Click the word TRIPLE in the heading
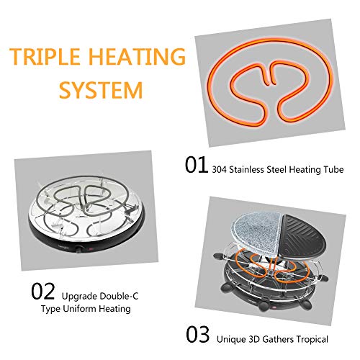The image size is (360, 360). coord(45,57)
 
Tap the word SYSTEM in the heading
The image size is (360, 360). coord(101,91)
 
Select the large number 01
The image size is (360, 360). coord(197,165)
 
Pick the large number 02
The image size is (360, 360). coord(43,291)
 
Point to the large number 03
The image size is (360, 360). coord(198,334)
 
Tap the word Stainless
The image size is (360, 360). coord(247,169)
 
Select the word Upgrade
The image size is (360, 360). coord(79,297)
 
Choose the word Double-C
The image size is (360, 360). coord(119,296)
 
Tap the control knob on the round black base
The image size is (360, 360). coord(78,249)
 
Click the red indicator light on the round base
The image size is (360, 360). coord(91,249)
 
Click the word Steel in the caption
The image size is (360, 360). coord(276,169)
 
